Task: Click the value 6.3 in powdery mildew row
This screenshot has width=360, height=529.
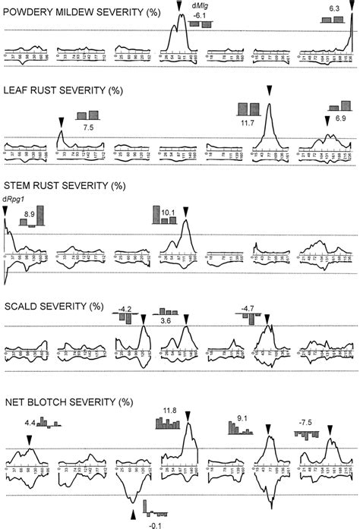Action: (333, 8)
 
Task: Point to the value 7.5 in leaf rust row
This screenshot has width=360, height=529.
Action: (87, 128)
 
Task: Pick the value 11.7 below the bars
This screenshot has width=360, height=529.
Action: (248, 121)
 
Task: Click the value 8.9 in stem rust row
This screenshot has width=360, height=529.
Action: (29, 216)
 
